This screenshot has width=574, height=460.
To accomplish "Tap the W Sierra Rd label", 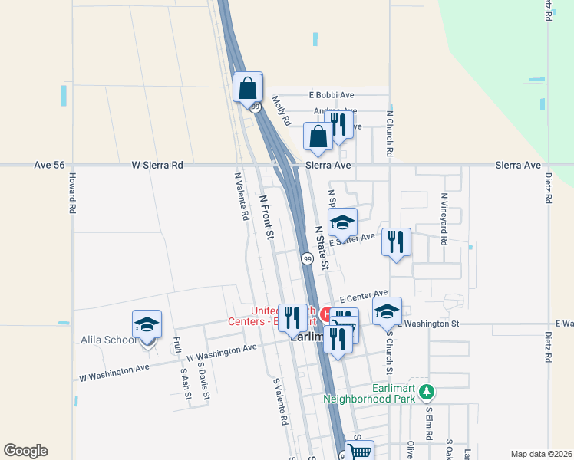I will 157,165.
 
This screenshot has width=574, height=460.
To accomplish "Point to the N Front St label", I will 266,218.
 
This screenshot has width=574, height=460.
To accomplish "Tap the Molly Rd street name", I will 282,110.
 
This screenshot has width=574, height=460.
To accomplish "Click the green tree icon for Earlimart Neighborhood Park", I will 427,392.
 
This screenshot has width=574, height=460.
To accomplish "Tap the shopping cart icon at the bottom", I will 358,452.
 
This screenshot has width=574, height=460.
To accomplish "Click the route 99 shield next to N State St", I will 307,259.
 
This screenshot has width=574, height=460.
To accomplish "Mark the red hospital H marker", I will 326,314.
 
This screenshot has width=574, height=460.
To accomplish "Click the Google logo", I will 25,451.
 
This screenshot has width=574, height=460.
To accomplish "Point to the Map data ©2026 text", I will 541,454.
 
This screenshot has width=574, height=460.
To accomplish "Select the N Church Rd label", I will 390,133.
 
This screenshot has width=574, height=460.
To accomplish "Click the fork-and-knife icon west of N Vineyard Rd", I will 396,242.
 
